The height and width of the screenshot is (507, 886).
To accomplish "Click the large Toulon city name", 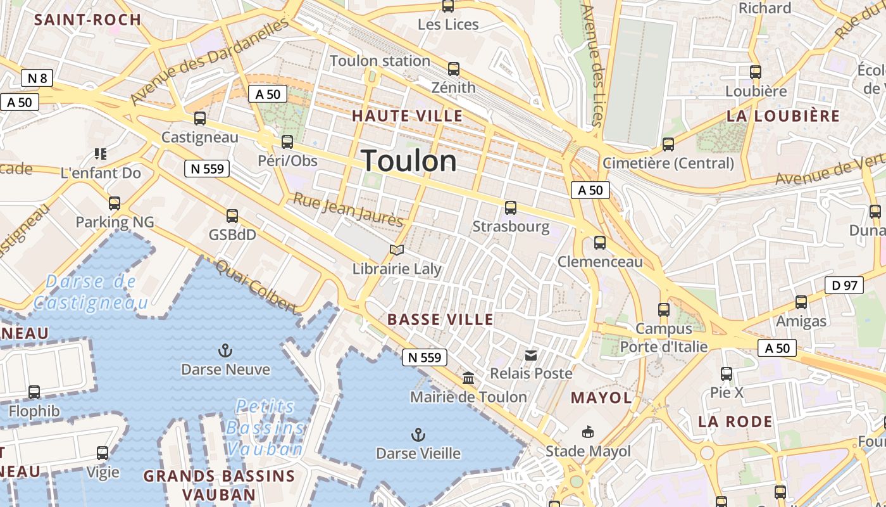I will click(x=409, y=161).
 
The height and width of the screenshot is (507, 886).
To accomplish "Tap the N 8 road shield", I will click(x=37, y=78).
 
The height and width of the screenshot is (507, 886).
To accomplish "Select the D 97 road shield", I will click(x=844, y=285).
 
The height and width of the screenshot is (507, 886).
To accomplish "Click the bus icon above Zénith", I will click(x=453, y=69).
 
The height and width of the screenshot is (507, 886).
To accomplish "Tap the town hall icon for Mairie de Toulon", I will click(x=468, y=378).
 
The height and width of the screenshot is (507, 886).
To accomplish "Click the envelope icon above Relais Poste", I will click(x=531, y=356).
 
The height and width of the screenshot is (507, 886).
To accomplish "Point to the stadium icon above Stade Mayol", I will click(x=588, y=432).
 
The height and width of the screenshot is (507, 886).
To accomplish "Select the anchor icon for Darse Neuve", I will click(x=225, y=350).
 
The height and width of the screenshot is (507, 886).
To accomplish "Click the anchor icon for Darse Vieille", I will click(x=418, y=435).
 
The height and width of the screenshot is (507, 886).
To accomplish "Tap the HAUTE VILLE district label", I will click(x=407, y=116).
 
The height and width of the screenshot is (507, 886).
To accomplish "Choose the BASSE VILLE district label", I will click(x=440, y=319).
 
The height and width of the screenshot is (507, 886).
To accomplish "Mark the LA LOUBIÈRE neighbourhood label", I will click(x=783, y=116).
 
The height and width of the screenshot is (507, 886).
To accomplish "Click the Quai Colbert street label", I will click(x=256, y=286).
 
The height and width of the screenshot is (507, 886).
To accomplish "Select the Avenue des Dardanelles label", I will click(x=209, y=61).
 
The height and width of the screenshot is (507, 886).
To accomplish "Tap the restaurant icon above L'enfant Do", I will click(x=100, y=153).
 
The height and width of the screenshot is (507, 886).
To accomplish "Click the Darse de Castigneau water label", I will click(x=91, y=292).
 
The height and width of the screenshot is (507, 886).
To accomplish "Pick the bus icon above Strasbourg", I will click(x=510, y=208).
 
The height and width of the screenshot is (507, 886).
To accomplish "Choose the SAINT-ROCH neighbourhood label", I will click(x=87, y=20).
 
